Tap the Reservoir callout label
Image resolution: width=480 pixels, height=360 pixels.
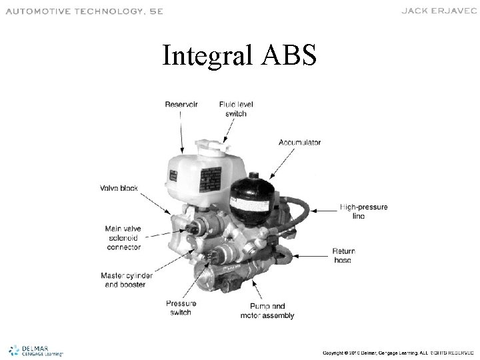click(x=181, y=104)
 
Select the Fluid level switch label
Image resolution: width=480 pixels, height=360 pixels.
click(x=236, y=109)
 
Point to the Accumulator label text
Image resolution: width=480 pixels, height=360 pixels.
click(x=299, y=142)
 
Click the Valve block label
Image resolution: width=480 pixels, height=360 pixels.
click(x=119, y=188)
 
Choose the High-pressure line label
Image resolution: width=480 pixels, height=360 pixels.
click(x=363, y=212)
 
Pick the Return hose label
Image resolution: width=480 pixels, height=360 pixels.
click(x=343, y=255)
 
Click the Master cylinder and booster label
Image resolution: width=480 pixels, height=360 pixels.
click(x=127, y=280)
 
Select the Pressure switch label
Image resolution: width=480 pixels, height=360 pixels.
click(x=181, y=308)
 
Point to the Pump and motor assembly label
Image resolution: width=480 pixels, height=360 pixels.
click(x=267, y=311)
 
